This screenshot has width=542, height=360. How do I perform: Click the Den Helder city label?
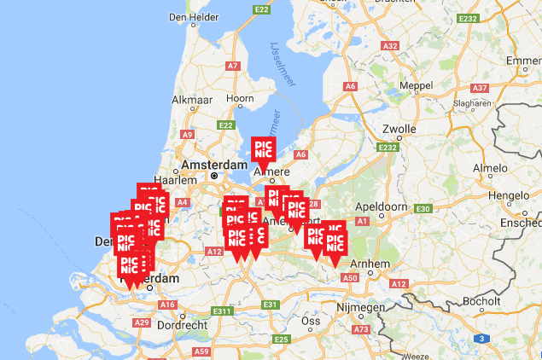click(189, 16)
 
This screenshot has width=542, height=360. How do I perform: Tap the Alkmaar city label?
click(192, 100)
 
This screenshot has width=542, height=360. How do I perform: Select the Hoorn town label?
click(240, 99)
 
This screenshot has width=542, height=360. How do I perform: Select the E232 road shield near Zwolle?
click(388, 148)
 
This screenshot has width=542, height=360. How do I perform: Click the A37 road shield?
click(480, 88)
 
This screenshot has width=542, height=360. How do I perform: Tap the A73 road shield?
click(360, 329)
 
